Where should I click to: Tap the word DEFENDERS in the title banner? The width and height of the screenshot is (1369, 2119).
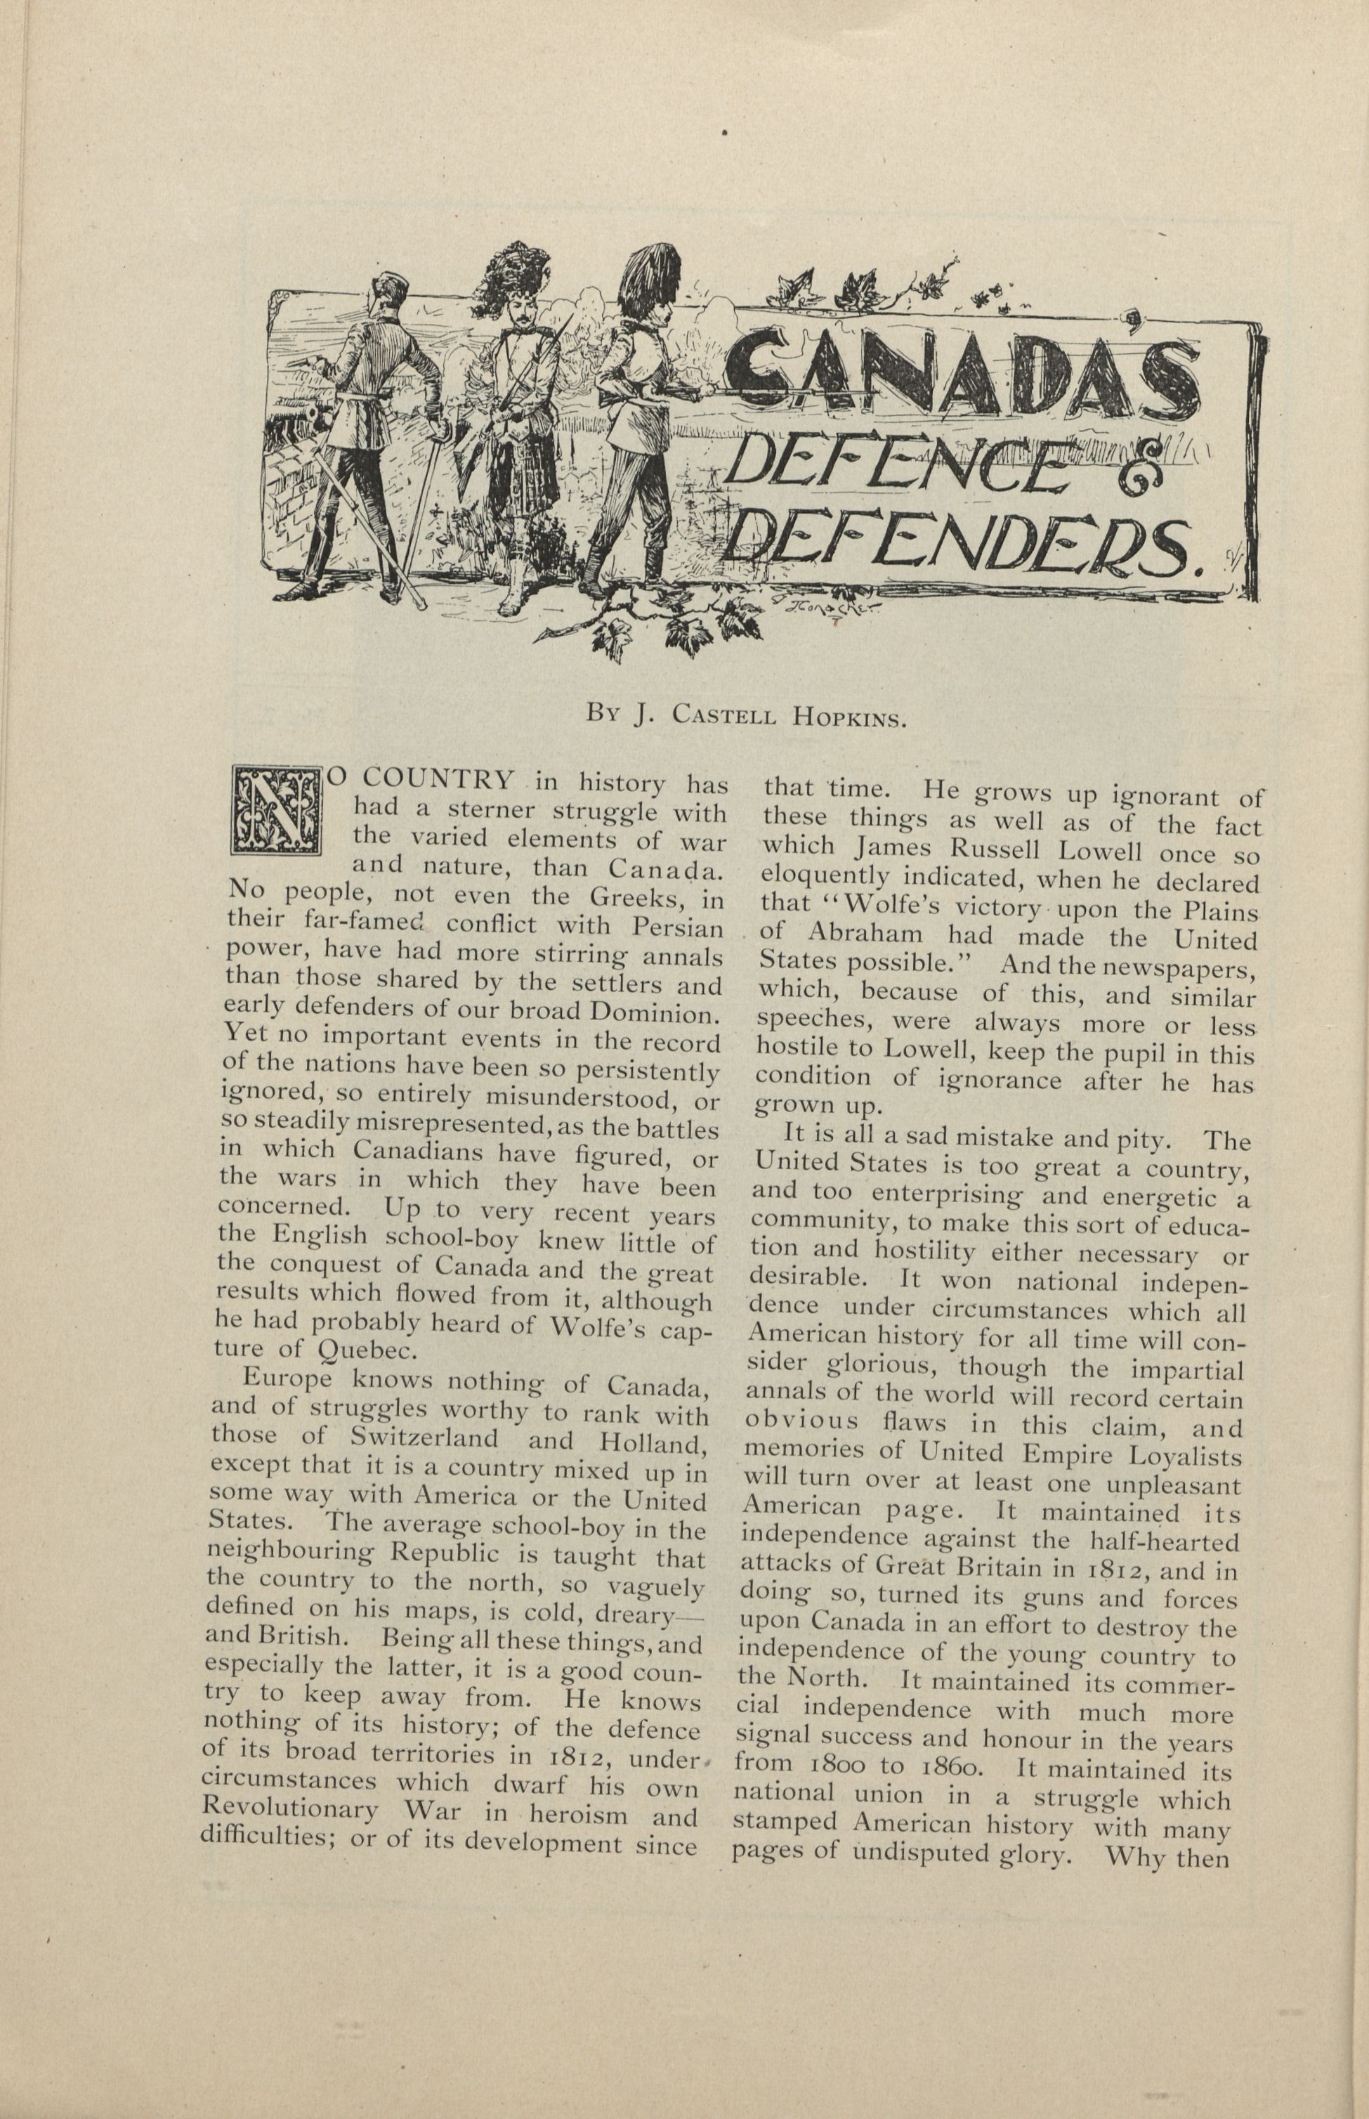tap(969, 549)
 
